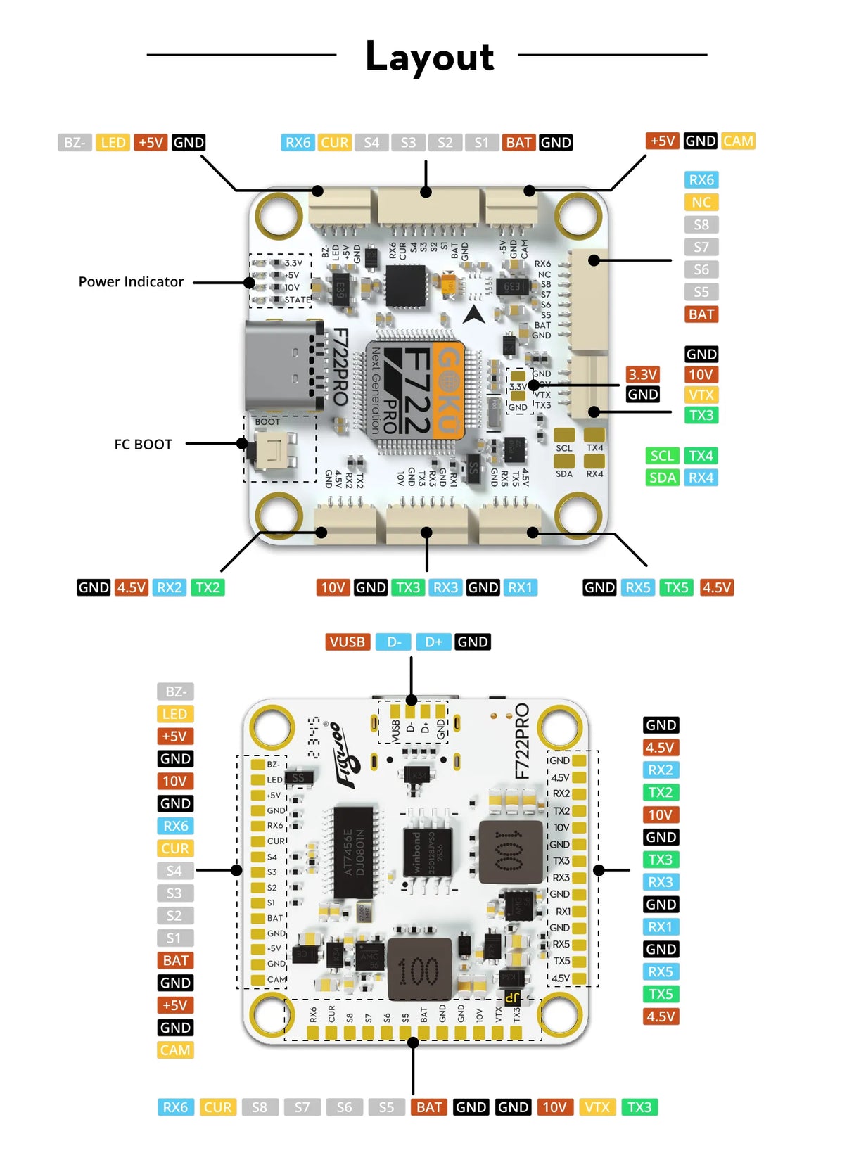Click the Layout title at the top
coord(429,56)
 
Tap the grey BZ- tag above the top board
coord(74,143)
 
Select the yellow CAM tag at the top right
coord(738,141)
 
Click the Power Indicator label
coord(131,282)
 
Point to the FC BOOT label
coord(143,445)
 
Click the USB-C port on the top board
coord(281,366)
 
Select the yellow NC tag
coord(701,203)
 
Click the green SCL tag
coord(662,456)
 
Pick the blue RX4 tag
coord(701,478)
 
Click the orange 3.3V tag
coord(642,374)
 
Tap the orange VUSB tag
coord(347,642)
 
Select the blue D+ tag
coord(433,642)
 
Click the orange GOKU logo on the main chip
coord(449,390)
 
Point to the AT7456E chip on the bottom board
coord(353,852)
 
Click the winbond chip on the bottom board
coord(423,852)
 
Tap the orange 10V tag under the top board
coord(333,587)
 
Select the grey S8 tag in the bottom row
coord(260,1107)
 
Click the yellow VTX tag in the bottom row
coord(597,1107)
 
